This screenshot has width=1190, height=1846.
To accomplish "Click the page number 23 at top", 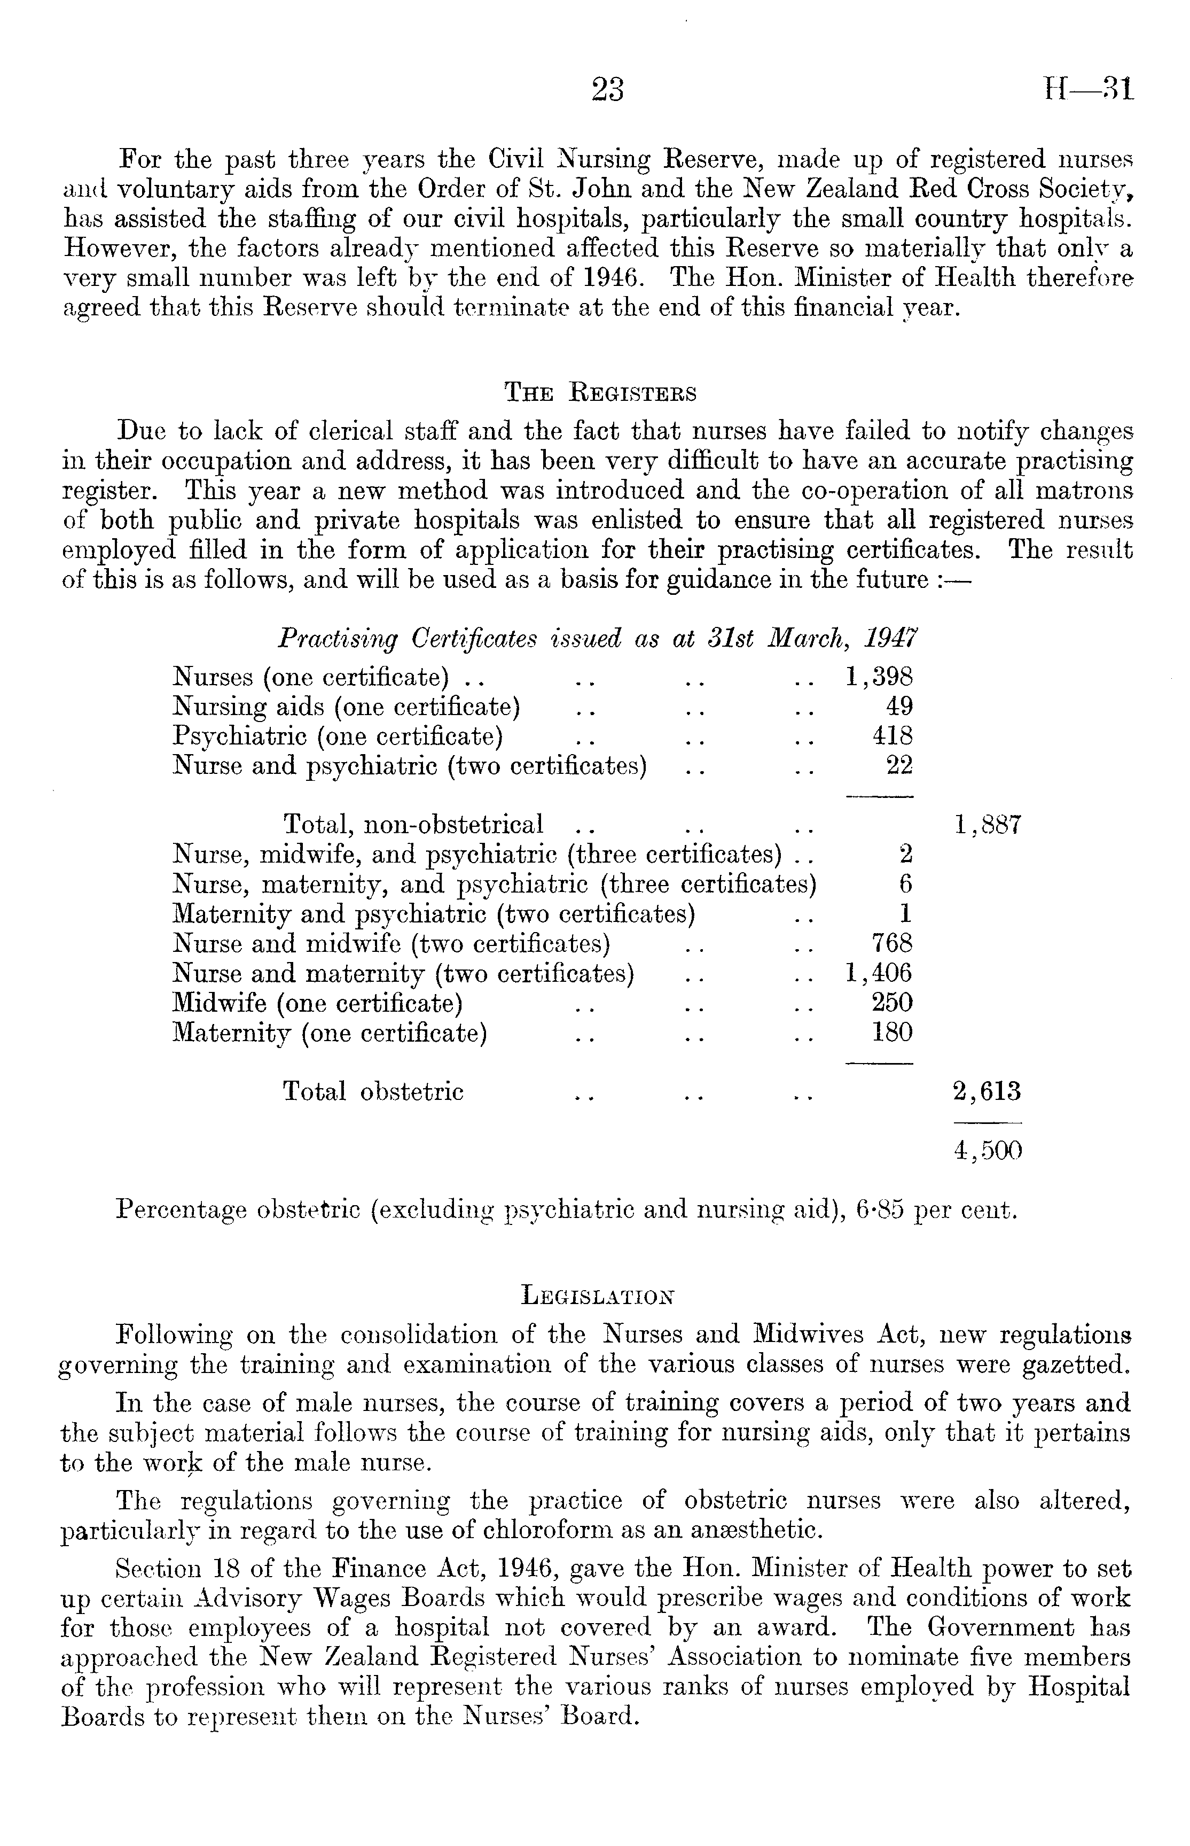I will pyautogui.click(x=607, y=90).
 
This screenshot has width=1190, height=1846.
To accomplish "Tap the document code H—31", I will pyautogui.click(x=1088, y=90).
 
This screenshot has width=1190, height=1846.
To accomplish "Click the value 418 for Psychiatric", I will pyautogui.click(x=893, y=736).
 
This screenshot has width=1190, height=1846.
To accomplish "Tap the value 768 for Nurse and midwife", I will pyautogui.click(x=893, y=943).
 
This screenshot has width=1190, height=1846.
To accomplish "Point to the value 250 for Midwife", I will pyautogui.click(x=893, y=1003).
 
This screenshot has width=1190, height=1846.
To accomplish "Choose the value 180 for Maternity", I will pyautogui.click(x=893, y=1032).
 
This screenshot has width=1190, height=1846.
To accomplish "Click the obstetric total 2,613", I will pyautogui.click(x=988, y=1091).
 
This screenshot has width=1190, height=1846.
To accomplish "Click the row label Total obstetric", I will pyautogui.click(x=373, y=1091).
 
